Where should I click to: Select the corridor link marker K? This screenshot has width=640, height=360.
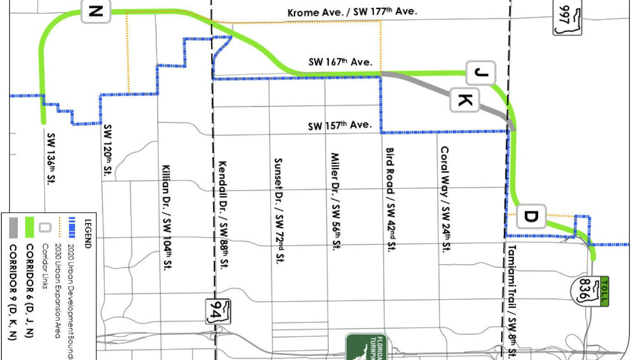(x=465, y=100)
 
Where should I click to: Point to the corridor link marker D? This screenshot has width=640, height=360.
(x=531, y=216)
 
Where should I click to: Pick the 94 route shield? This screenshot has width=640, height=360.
(x=218, y=312)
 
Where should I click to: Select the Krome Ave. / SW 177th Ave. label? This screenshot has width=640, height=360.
(x=352, y=12)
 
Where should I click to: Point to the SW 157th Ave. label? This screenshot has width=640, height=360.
(x=339, y=125)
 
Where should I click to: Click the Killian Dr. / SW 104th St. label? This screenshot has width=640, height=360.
(x=168, y=217)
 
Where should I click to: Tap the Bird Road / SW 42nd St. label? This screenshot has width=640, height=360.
(x=392, y=199)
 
